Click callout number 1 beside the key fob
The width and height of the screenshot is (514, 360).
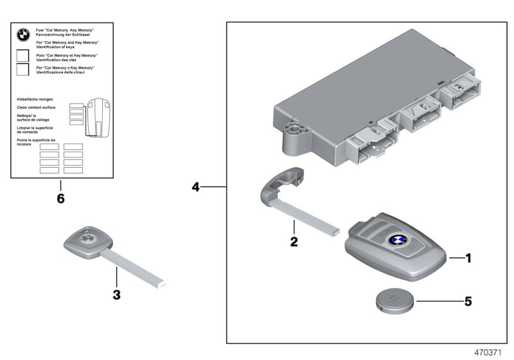(x=468, y=258)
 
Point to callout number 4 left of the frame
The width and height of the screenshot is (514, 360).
(x=196, y=188)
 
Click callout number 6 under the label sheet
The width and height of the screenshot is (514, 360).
(x=60, y=199)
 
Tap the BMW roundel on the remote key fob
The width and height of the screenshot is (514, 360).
(x=396, y=240)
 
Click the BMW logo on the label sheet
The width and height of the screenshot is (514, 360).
(x=22, y=36)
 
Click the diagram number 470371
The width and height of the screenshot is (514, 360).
(x=491, y=352)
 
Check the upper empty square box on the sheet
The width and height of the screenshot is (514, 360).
(x=22, y=55)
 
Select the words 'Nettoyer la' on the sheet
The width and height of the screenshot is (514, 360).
(x=29, y=116)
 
